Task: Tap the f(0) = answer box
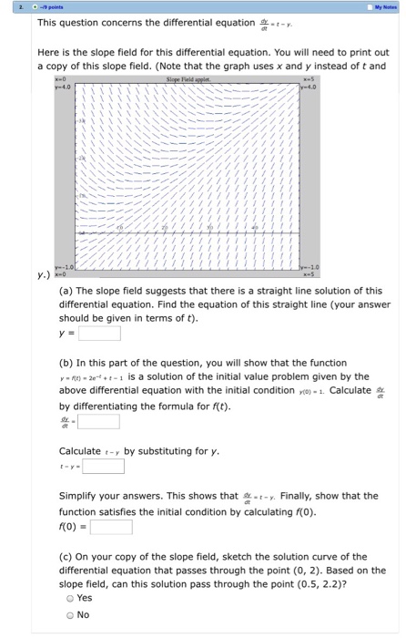click(111, 526)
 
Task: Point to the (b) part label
click(66, 362)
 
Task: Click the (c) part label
click(66, 554)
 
